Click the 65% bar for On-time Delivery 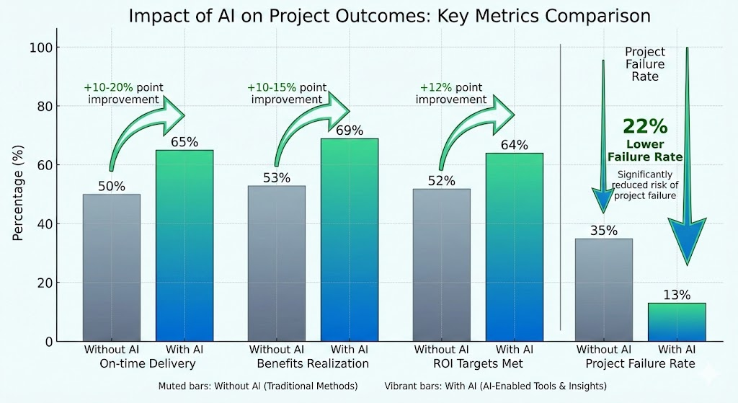(x=184, y=245)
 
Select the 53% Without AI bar (x=276, y=263)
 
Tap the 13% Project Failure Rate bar (x=676, y=322)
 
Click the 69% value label (x=349, y=130)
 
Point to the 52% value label (x=440, y=180)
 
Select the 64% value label (x=514, y=145)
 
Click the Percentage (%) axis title (x=19, y=194)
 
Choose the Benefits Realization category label (x=313, y=363)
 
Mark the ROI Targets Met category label (x=477, y=363)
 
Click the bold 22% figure (x=644, y=127)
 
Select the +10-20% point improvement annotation (x=123, y=94)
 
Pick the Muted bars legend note (x=257, y=386)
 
